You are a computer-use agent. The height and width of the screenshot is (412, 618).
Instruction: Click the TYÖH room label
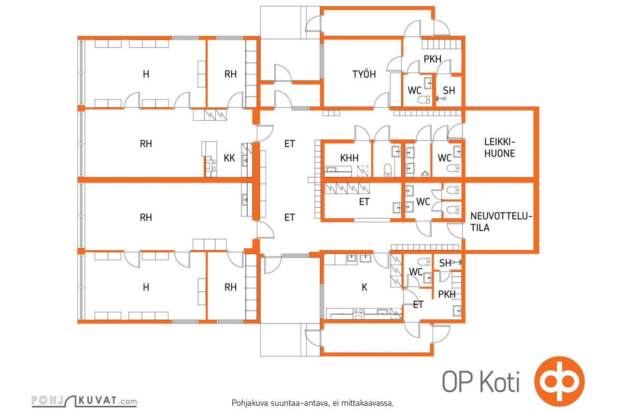pos(364,74)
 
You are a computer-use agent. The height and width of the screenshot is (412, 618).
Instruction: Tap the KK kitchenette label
pos(229,158)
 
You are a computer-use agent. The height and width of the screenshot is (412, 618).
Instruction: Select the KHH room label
pos(349,158)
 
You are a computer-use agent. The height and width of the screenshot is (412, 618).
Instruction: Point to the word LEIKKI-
pos(500,142)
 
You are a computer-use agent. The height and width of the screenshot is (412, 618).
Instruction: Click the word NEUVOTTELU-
pos(501,216)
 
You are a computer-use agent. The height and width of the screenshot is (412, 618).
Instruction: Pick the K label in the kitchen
pos(365,287)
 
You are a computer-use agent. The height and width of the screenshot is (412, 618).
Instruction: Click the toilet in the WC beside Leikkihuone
pos(453,168)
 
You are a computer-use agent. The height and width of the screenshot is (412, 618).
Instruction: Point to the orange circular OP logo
pos(559,381)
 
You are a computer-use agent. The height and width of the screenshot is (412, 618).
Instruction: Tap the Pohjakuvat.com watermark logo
pos(84,401)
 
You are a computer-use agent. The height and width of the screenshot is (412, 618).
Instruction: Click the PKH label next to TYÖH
pos(432,59)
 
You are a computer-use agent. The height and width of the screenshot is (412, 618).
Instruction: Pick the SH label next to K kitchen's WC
pos(445,263)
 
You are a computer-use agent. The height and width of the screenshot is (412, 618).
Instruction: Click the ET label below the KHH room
pos(364,202)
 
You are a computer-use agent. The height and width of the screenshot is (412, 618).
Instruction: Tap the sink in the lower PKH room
pos(457,311)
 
